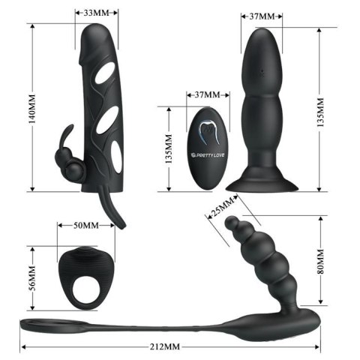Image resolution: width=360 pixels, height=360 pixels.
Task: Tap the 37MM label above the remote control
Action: [207, 95]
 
